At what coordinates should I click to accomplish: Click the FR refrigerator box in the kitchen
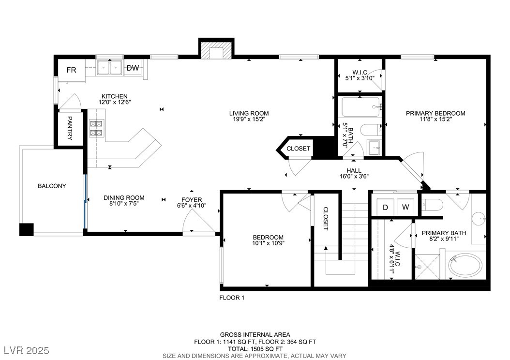[72, 70]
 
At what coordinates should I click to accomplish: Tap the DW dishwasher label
[133, 68]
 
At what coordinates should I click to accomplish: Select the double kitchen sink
[110, 68]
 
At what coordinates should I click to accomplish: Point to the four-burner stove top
[96, 128]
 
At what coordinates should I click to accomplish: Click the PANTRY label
[70, 128]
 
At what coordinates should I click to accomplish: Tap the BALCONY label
[52, 186]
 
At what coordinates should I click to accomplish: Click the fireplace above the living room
[216, 49]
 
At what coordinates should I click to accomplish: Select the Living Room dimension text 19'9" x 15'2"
[249, 120]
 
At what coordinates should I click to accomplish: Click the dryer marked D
[386, 207]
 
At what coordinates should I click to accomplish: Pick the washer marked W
[406, 207]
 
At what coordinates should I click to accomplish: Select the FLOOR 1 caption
[232, 298]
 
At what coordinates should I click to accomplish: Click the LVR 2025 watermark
[26, 350]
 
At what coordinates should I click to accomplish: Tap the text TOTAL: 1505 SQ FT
[255, 349]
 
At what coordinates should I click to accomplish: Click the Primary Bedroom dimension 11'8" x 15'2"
[435, 120]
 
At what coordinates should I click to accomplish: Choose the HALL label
[354, 170]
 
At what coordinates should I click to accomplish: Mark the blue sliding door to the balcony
[85, 202]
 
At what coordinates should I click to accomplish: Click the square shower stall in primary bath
[427, 267]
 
